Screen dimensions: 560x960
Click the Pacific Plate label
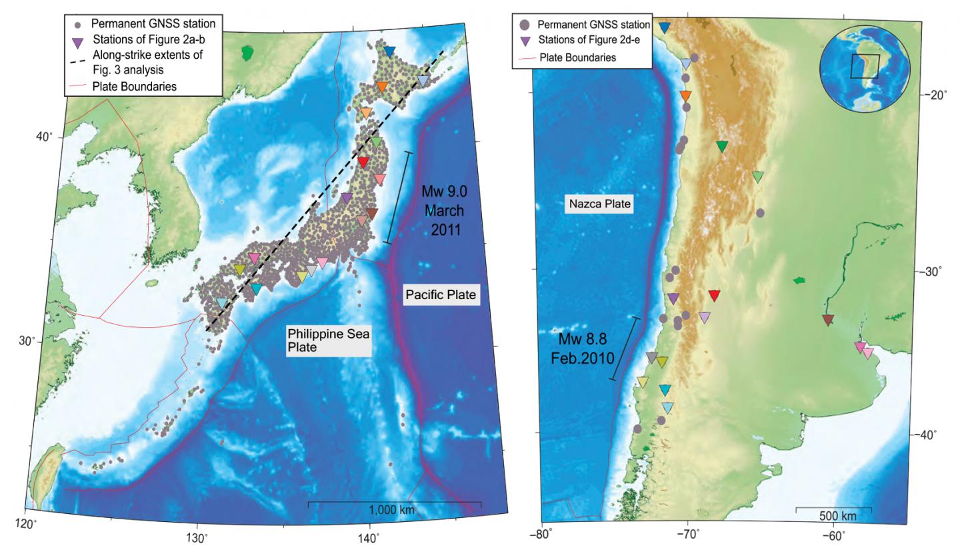pyautogui.click(x=441, y=294)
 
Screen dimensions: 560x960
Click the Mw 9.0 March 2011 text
pyautogui.click(x=445, y=210)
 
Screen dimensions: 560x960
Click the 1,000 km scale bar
pyautogui.click(x=394, y=503)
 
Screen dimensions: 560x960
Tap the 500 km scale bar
pyautogui.click(x=833, y=510)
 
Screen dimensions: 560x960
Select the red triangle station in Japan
pyautogui.click(x=363, y=162)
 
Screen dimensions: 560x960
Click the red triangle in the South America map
pyautogui.click(x=715, y=295)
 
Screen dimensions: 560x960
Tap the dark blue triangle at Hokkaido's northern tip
pyautogui.click(x=389, y=51)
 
